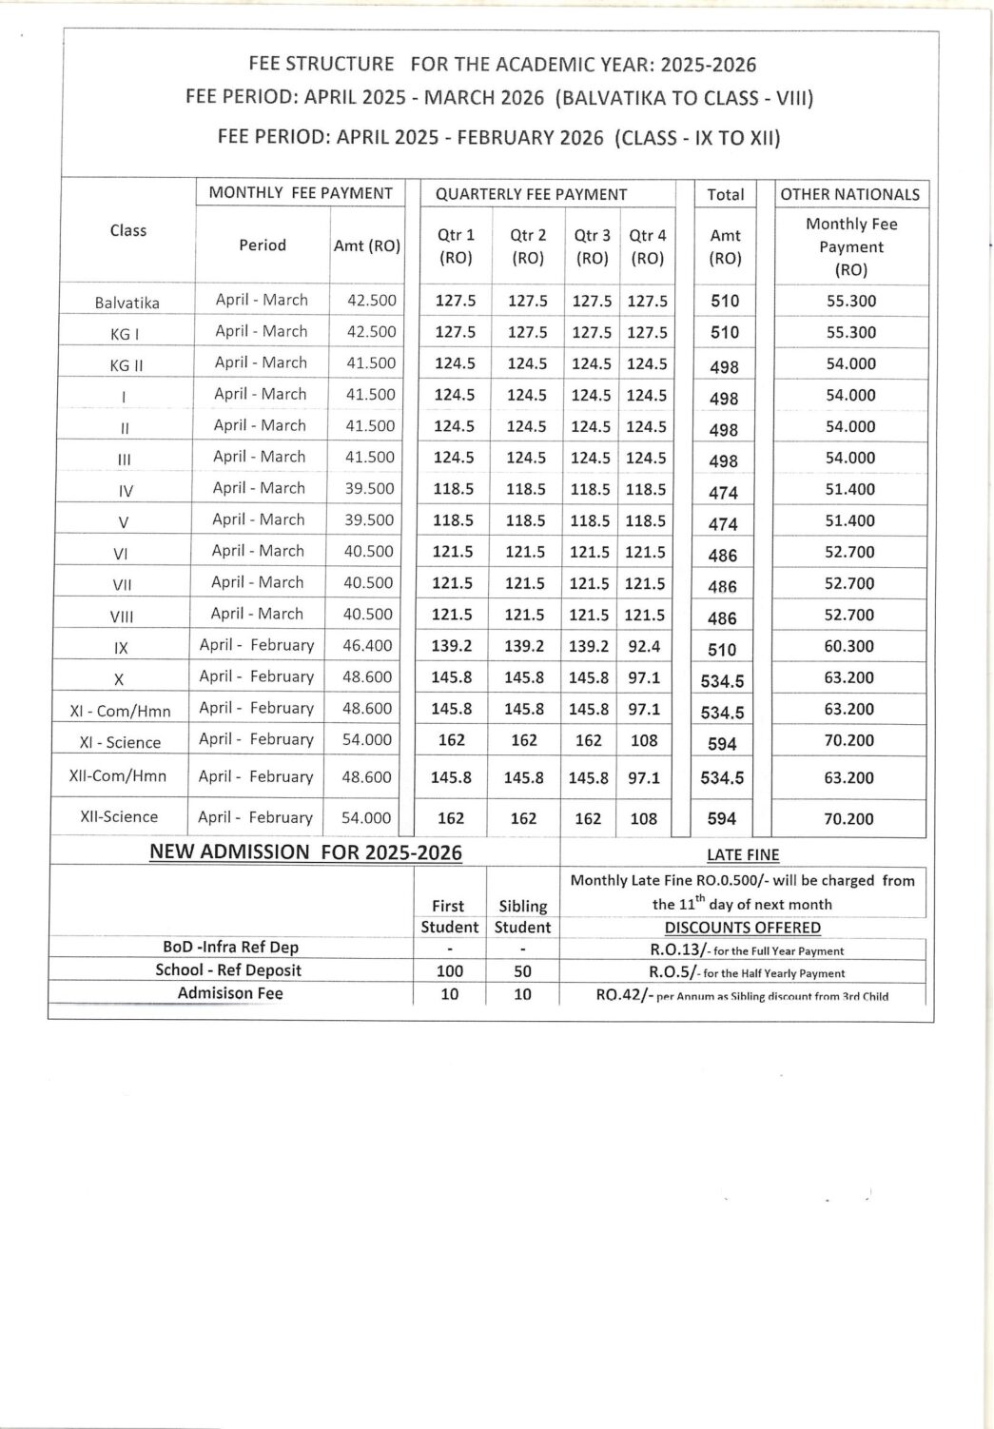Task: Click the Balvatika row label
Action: (127, 303)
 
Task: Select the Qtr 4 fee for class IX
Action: (644, 646)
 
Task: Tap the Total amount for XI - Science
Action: (722, 743)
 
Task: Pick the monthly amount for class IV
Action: (369, 488)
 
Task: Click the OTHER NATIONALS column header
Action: (849, 194)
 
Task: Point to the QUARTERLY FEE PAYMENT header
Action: (531, 194)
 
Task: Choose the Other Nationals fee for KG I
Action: (850, 332)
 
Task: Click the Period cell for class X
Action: (257, 676)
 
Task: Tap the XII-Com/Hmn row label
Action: (118, 776)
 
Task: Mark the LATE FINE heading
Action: (743, 854)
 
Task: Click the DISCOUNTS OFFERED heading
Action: (742, 928)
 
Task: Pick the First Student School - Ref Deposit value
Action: (449, 971)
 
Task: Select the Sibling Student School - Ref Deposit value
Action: (522, 971)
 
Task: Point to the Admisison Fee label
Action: (230, 993)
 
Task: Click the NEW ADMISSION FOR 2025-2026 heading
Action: (305, 852)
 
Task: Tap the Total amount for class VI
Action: (722, 555)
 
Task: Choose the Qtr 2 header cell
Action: (528, 245)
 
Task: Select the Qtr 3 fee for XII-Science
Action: (588, 818)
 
